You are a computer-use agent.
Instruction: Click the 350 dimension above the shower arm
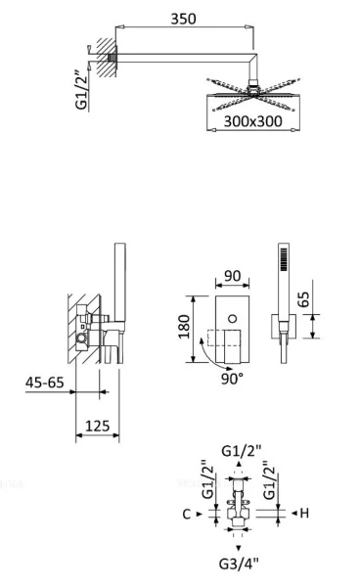click(182, 19)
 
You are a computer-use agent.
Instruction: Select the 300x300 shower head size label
click(252, 122)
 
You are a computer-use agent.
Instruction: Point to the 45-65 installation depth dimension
click(45, 383)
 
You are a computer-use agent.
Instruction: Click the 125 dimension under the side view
click(97, 427)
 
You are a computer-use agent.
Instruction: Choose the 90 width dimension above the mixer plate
click(231, 277)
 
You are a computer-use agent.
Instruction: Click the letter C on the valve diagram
click(186, 513)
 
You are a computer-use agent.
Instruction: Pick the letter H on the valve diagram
click(304, 513)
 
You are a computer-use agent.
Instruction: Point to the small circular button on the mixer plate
click(232, 318)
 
